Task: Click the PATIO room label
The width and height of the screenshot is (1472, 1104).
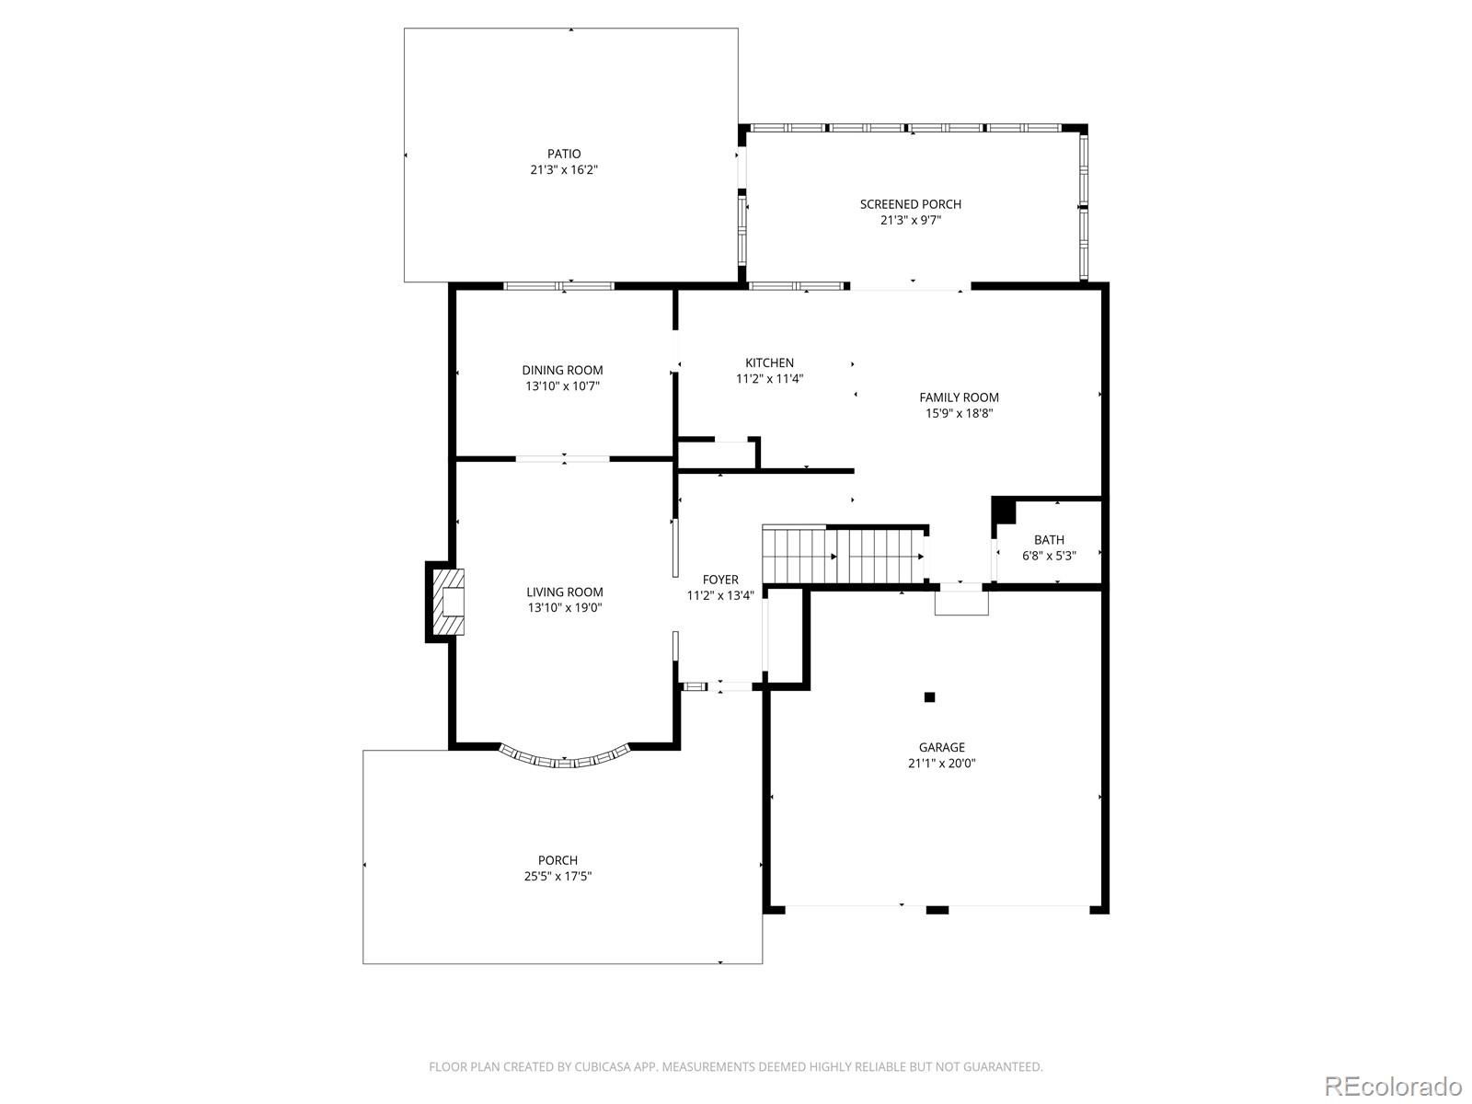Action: tap(563, 155)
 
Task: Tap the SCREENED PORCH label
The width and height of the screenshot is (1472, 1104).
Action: tap(910, 204)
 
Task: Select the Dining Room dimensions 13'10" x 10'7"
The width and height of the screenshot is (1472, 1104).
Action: tap(562, 386)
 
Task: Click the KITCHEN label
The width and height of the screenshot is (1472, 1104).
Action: tap(769, 362)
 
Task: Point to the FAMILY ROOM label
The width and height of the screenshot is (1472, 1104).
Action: tap(959, 397)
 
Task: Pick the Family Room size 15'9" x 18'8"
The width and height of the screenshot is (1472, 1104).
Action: tap(959, 414)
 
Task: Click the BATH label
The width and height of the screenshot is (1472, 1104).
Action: tap(1049, 540)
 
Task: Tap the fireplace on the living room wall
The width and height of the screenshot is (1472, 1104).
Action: tap(445, 602)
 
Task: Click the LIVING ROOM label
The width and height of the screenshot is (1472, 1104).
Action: tap(564, 592)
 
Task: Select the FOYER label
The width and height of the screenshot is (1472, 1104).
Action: tap(720, 580)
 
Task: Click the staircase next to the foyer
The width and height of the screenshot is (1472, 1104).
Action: tap(845, 555)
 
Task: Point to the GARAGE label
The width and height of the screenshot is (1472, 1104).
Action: tap(941, 747)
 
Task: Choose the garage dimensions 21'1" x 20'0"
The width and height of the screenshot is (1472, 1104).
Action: tap(941, 763)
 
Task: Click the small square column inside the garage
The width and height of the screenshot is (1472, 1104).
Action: tap(929, 697)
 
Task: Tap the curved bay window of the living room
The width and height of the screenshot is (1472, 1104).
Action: tap(564, 760)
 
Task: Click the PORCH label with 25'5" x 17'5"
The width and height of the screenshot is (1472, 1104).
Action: tap(558, 860)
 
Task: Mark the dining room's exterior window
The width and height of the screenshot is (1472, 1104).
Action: tap(558, 286)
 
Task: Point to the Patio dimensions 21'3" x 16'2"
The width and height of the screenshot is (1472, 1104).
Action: tap(563, 170)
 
